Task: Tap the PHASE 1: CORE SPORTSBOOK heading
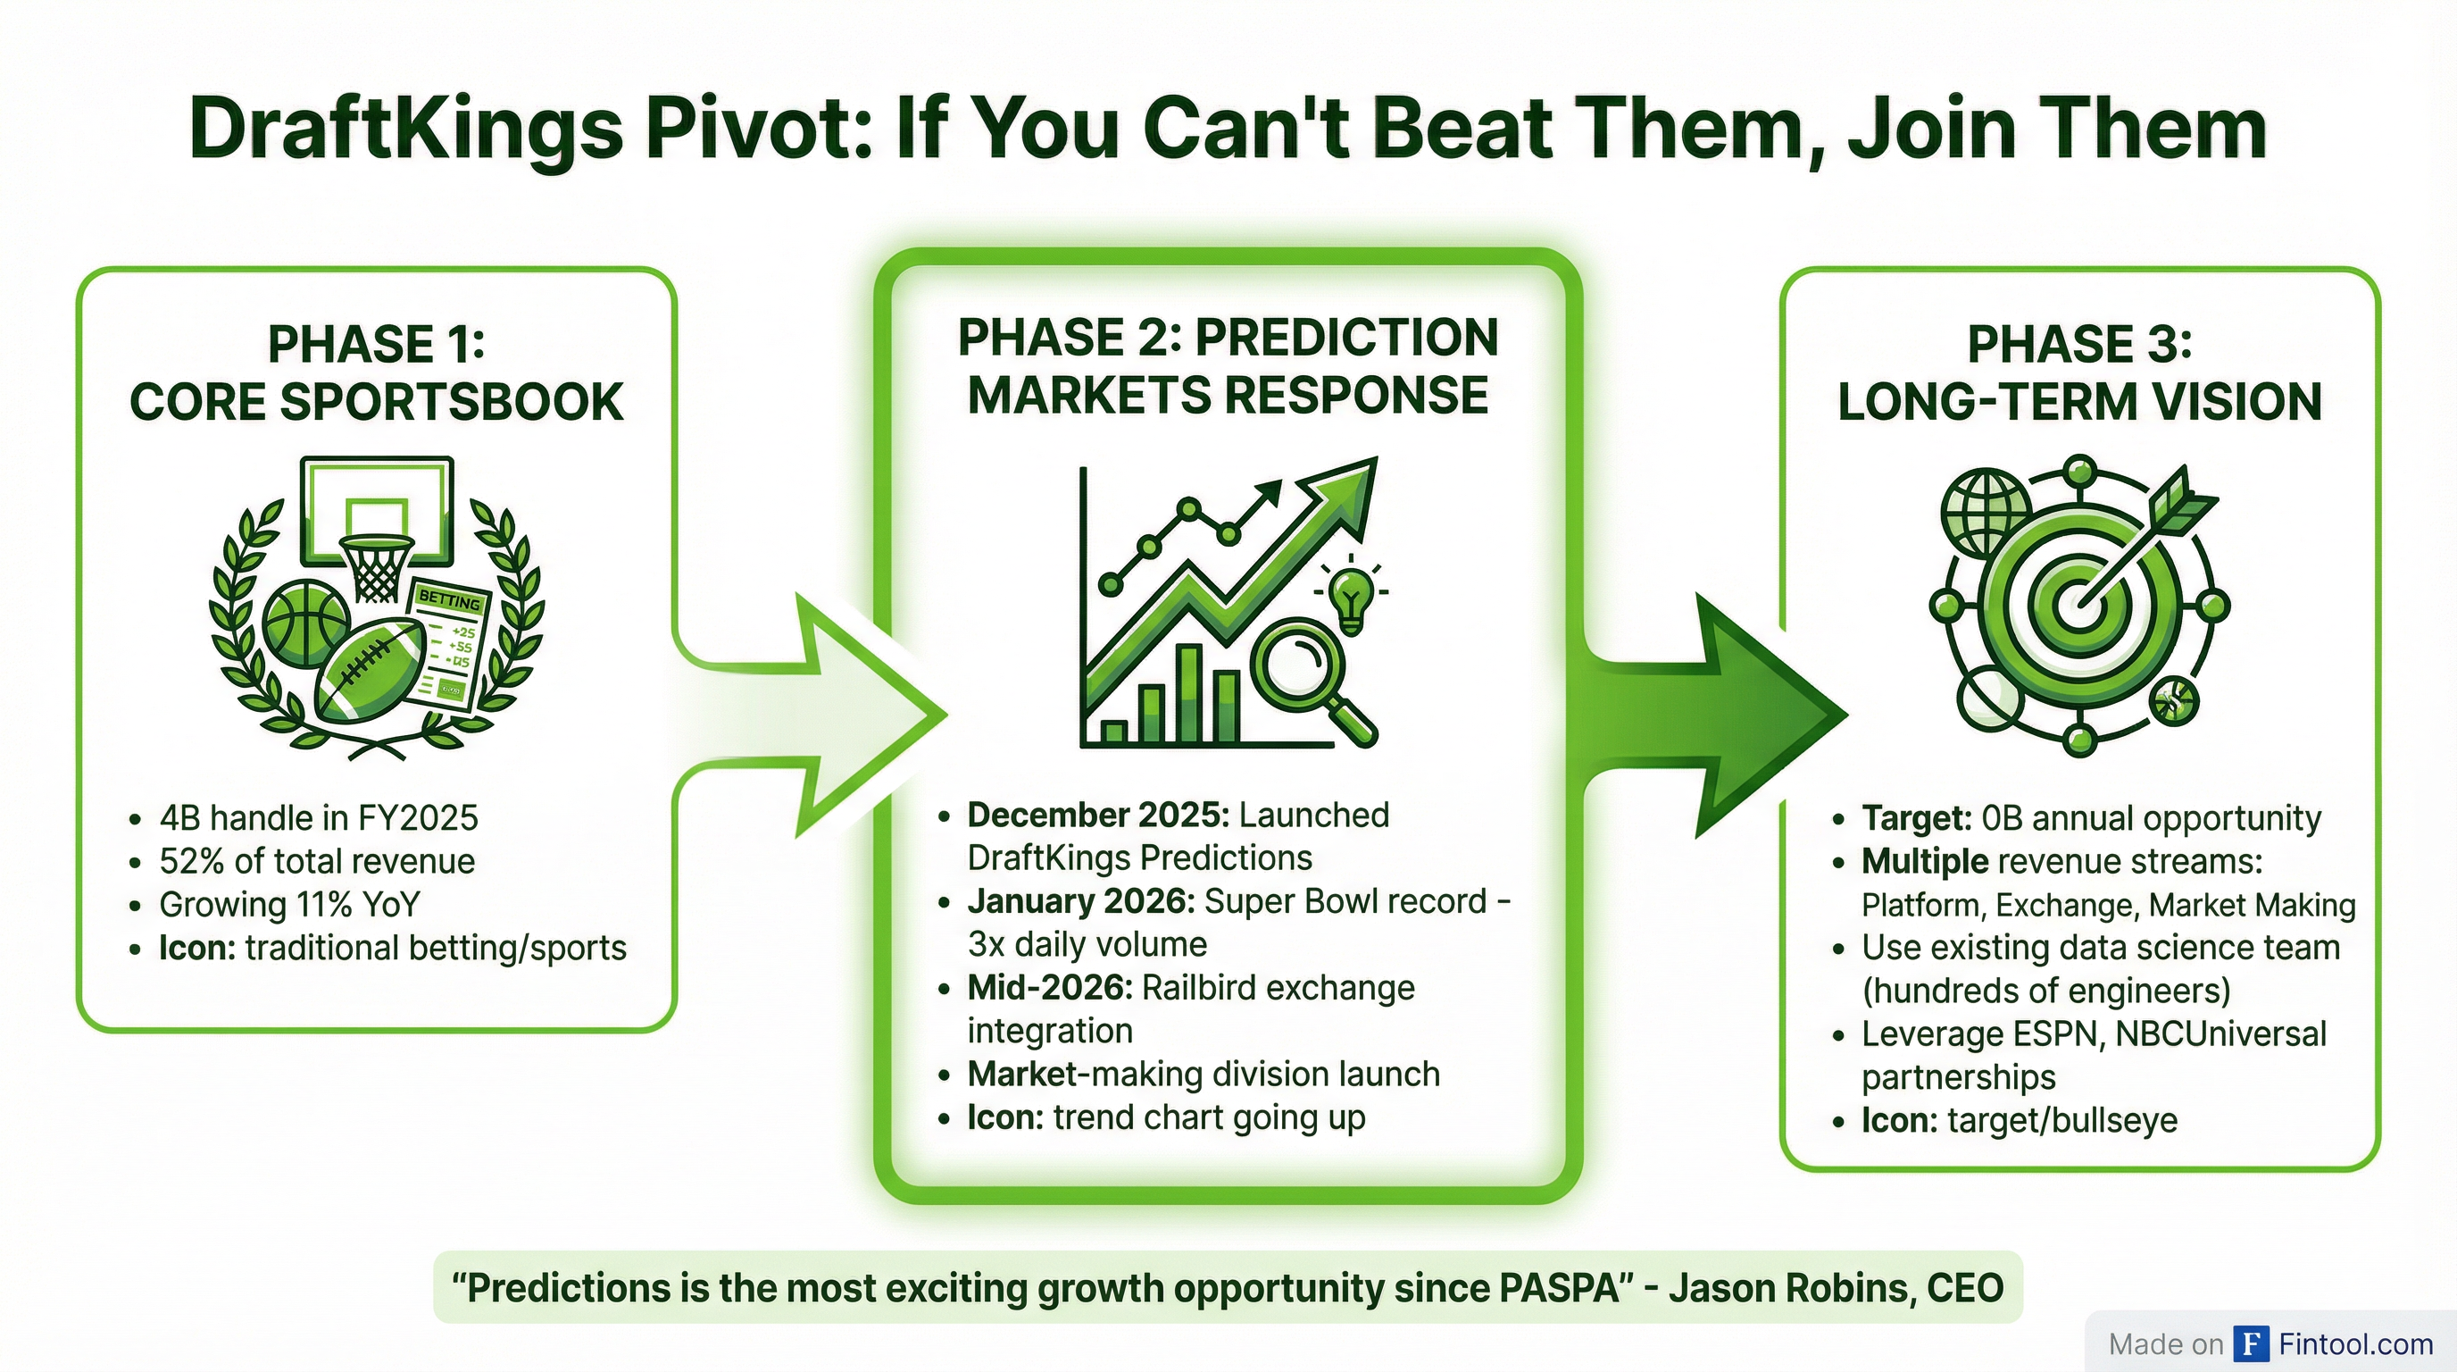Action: click(x=376, y=373)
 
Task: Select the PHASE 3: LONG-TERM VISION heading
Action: click(x=2079, y=373)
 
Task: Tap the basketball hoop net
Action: click(x=379, y=569)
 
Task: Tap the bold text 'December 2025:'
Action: click(x=1097, y=815)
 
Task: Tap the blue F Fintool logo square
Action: click(x=2252, y=1344)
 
